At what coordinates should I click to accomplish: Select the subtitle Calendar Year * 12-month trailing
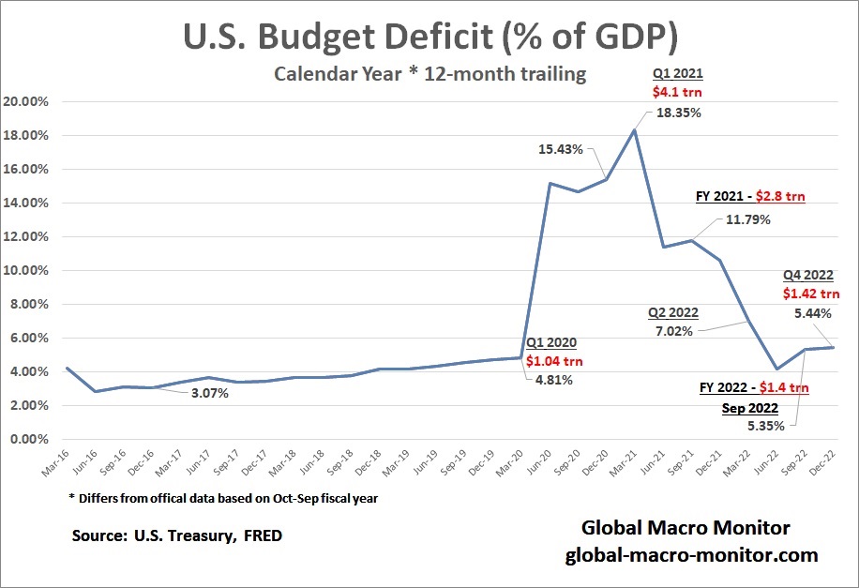429,75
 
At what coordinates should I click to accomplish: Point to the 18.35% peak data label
678,113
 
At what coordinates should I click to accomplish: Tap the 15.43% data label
561,149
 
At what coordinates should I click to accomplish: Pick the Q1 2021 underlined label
677,73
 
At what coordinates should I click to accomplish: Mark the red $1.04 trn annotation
553,360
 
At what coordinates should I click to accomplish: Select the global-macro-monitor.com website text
692,555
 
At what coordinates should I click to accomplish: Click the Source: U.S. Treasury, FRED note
176,536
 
